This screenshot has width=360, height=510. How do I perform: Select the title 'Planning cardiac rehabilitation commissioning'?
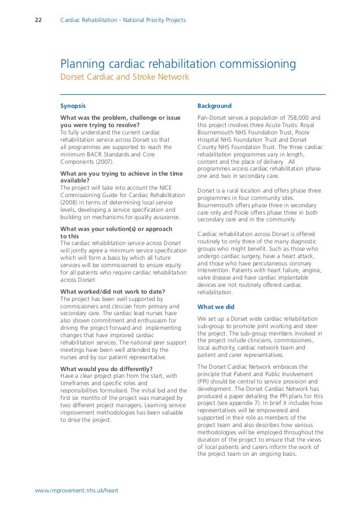[178, 64]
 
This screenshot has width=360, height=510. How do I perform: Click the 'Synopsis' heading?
[73, 106]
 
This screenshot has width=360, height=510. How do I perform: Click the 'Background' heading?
[214, 106]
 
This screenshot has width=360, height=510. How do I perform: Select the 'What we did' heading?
[215, 307]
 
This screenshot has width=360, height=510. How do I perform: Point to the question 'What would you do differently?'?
[107, 369]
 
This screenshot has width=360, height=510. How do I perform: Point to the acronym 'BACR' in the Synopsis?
[99, 154]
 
